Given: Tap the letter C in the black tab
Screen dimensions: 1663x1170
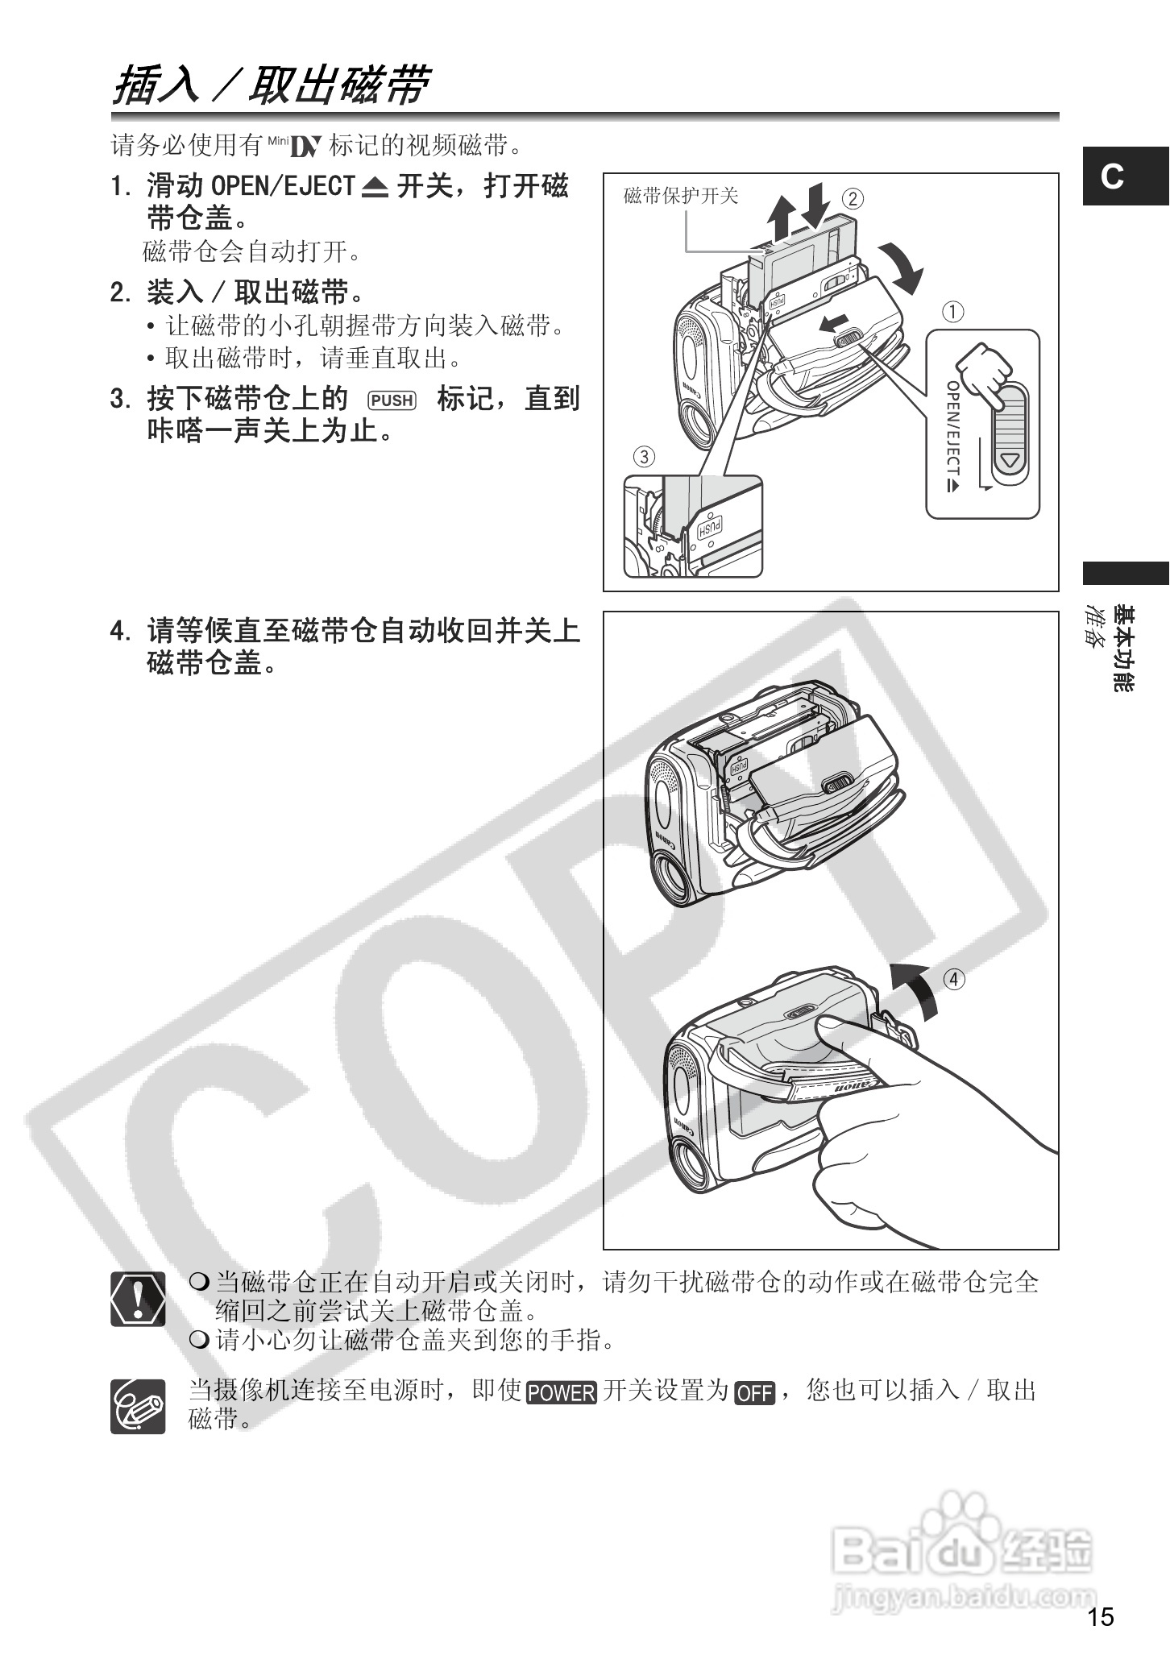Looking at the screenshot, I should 1112,176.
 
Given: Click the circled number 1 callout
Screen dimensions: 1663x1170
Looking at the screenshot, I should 953,312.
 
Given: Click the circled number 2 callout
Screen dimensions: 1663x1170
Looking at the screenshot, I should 853,198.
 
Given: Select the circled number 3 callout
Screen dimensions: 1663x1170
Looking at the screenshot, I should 644,457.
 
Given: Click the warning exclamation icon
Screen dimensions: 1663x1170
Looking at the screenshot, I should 138,1299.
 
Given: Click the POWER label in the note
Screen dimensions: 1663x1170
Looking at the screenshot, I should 562,1392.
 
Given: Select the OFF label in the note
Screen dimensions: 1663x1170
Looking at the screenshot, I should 754,1392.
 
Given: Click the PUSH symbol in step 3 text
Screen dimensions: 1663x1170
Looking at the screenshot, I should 392,400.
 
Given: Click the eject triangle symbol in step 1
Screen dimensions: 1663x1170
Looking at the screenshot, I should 375,188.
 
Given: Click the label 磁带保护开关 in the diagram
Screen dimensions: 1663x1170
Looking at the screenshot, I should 681,196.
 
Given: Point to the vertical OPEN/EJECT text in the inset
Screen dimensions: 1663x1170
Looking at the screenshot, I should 953,435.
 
